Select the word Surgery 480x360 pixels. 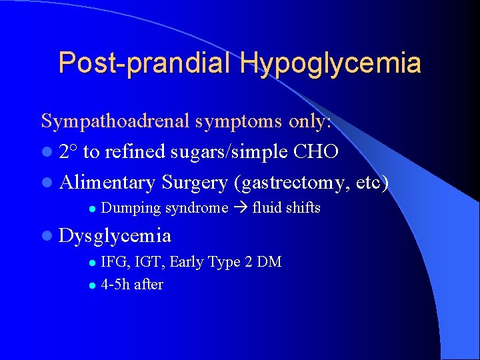tap(194, 181)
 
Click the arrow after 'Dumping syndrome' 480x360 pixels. tap(240, 208)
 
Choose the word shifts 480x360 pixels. tap(304, 208)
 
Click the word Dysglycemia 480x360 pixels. tap(115, 235)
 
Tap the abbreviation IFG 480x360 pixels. tap(113, 262)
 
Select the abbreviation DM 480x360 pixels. tap(269, 262)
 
